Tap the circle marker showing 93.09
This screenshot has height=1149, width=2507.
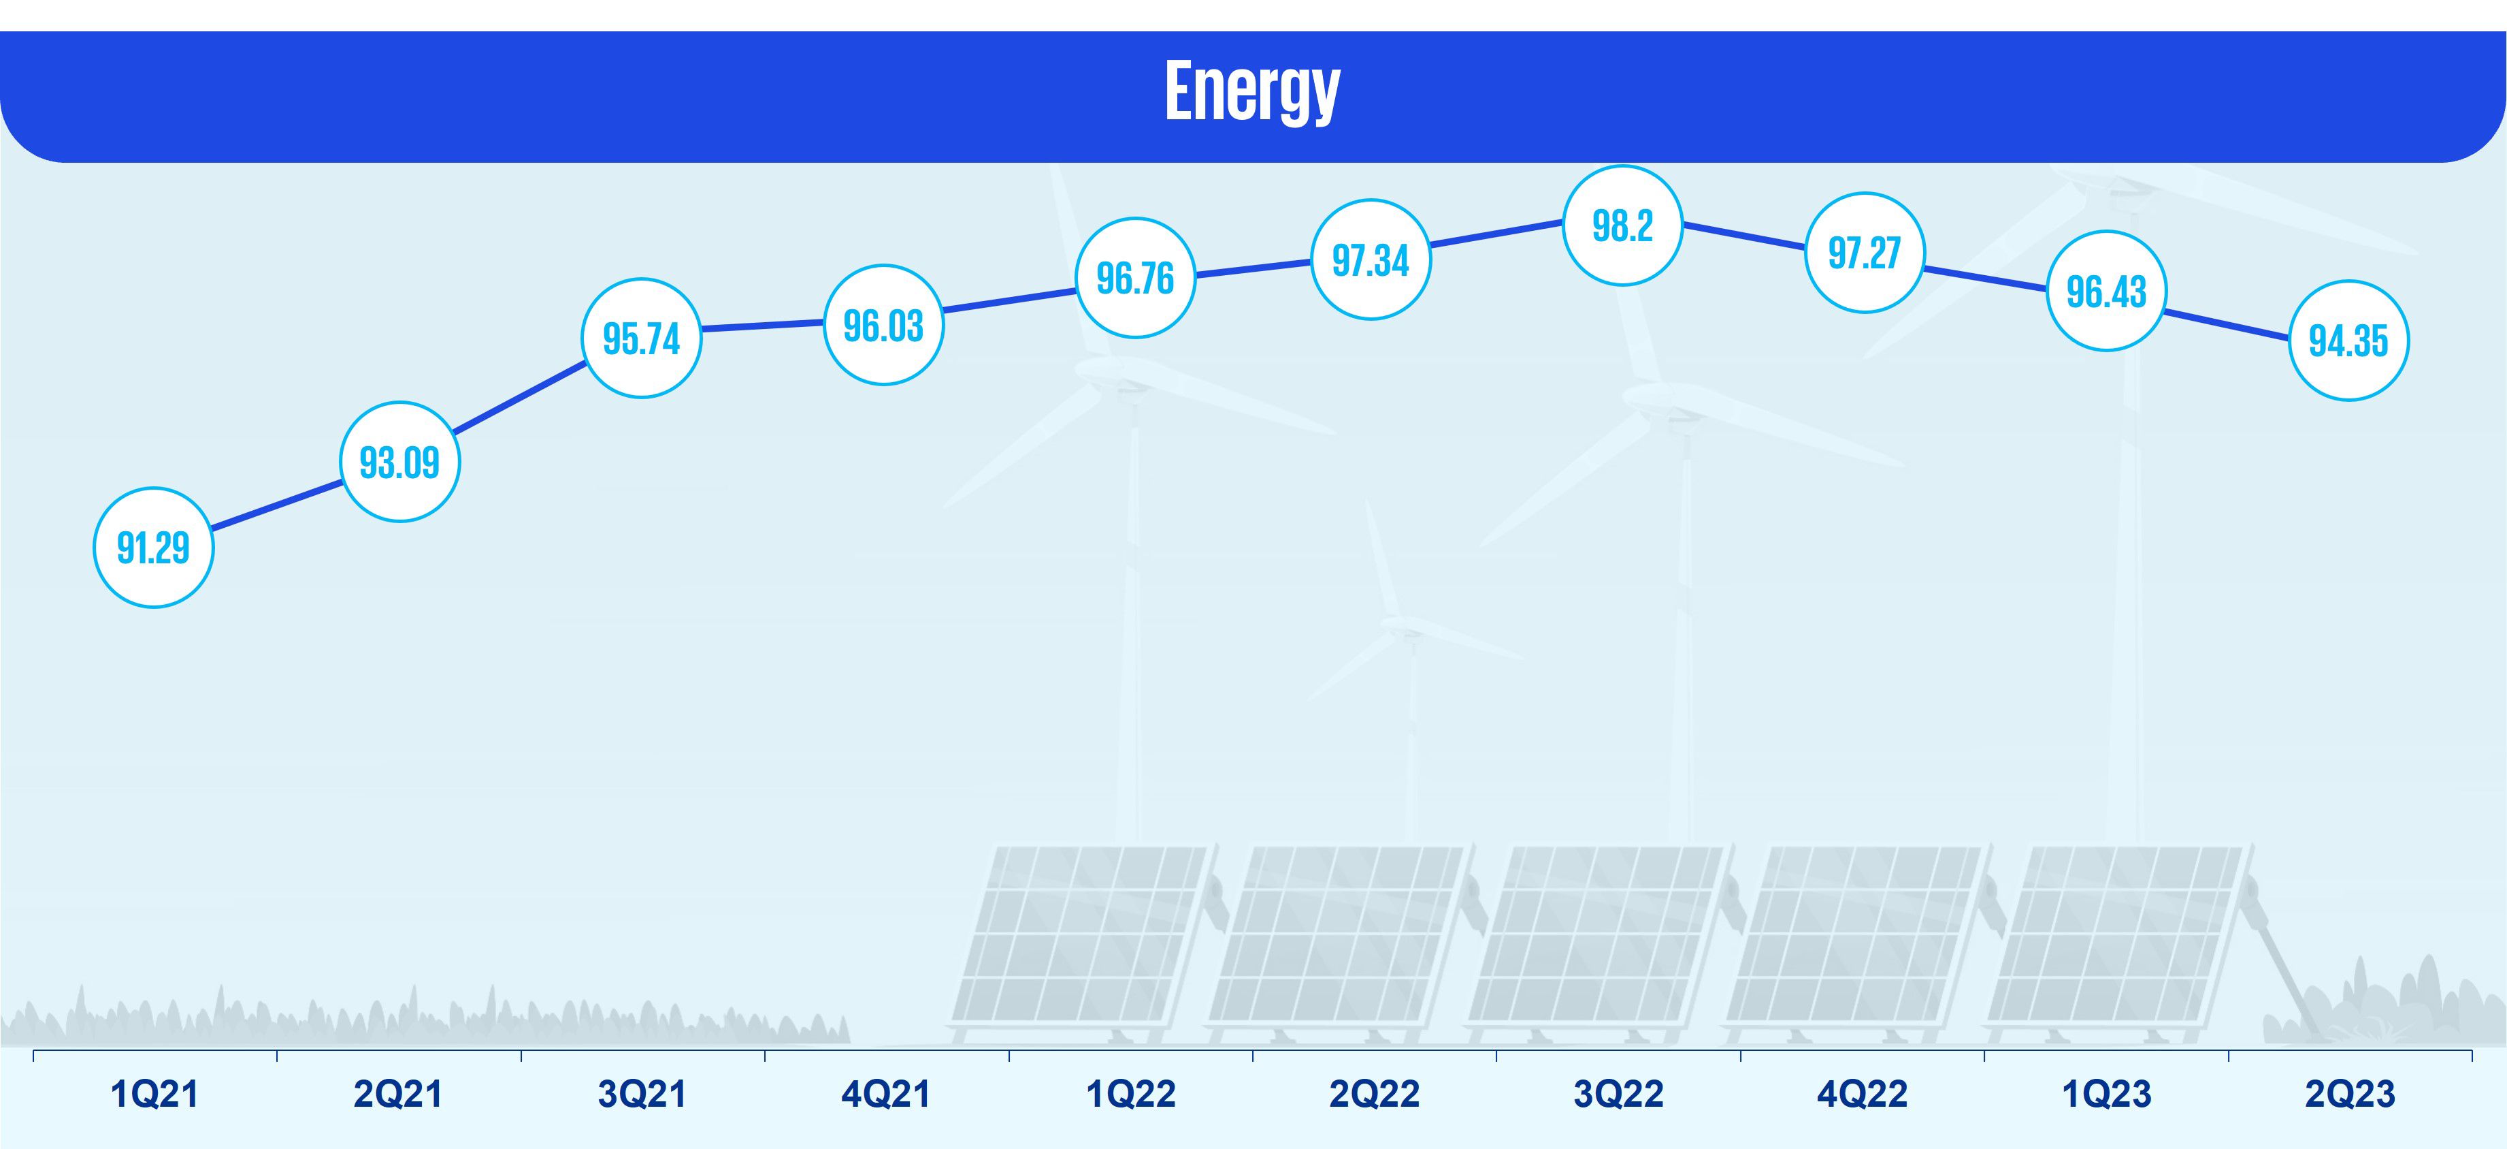[x=399, y=462]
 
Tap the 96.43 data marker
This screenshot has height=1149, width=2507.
[x=2106, y=291]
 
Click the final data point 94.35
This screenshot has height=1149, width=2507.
[x=2348, y=341]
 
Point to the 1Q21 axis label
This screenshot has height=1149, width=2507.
[x=154, y=1095]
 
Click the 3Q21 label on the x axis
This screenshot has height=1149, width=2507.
[x=642, y=1095]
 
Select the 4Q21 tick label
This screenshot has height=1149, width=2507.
[x=885, y=1095]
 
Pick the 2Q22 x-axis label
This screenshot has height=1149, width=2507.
[x=1374, y=1095]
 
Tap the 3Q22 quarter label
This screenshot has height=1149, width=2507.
[x=1618, y=1095]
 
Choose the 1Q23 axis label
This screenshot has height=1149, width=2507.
[x=2106, y=1095]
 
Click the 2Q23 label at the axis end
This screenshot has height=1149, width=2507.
[x=2349, y=1095]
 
